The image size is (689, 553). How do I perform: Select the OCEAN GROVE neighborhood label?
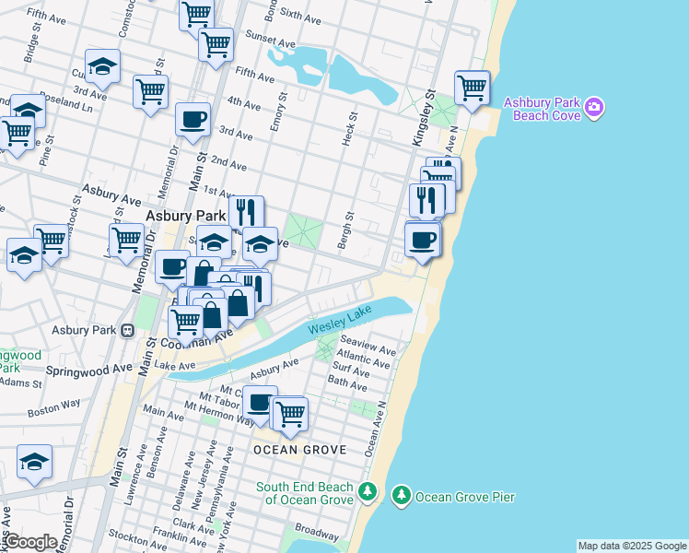pyautogui.click(x=300, y=450)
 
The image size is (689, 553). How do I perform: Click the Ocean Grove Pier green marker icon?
pyautogui.click(x=401, y=497)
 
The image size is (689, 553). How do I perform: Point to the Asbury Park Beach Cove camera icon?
pyautogui.click(x=594, y=108)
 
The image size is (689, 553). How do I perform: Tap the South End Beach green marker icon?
pyautogui.click(x=368, y=492)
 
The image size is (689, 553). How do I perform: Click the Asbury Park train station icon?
pyautogui.click(x=128, y=330)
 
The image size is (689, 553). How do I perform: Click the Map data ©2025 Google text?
pyautogui.click(x=632, y=546)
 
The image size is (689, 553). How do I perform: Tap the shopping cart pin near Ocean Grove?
pyautogui.click(x=291, y=414)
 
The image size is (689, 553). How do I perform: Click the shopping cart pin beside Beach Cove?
pyautogui.click(x=472, y=88)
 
